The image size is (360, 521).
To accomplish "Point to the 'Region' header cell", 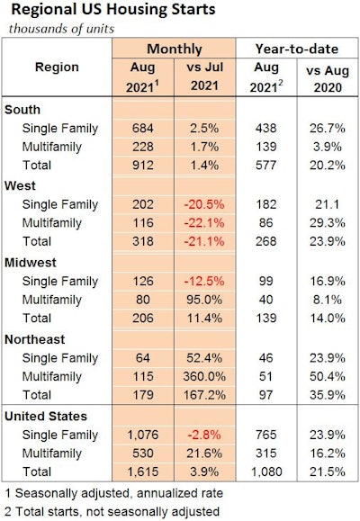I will tap(58, 67).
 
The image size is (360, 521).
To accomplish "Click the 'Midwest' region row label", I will tap(32, 262).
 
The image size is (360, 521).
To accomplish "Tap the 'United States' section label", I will tap(46, 417).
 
